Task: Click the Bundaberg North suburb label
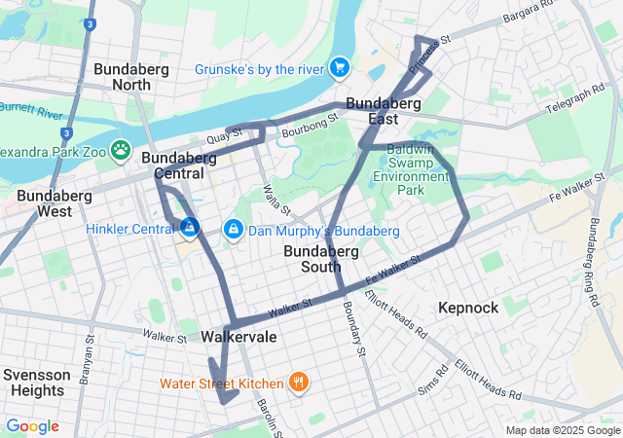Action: pyautogui.click(x=130, y=77)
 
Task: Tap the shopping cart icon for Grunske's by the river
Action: pyautogui.click(x=339, y=67)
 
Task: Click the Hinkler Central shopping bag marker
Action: pyautogui.click(x=189, y=228)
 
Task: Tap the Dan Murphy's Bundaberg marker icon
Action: pyautogui.click(x=233, y=230)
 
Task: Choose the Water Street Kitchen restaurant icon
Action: pyautogui.click(x=298, y=383)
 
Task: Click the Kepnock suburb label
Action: pyautogui.click(x=468, y=308)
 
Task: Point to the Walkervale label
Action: pyautogui.click(x=238, y=337)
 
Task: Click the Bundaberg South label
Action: pyautogui.click(x=326, y=259)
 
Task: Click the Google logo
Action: pyautogui.click(x=32, y=426)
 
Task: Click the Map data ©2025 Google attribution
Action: pyautogui.click(x=562, y=430)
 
